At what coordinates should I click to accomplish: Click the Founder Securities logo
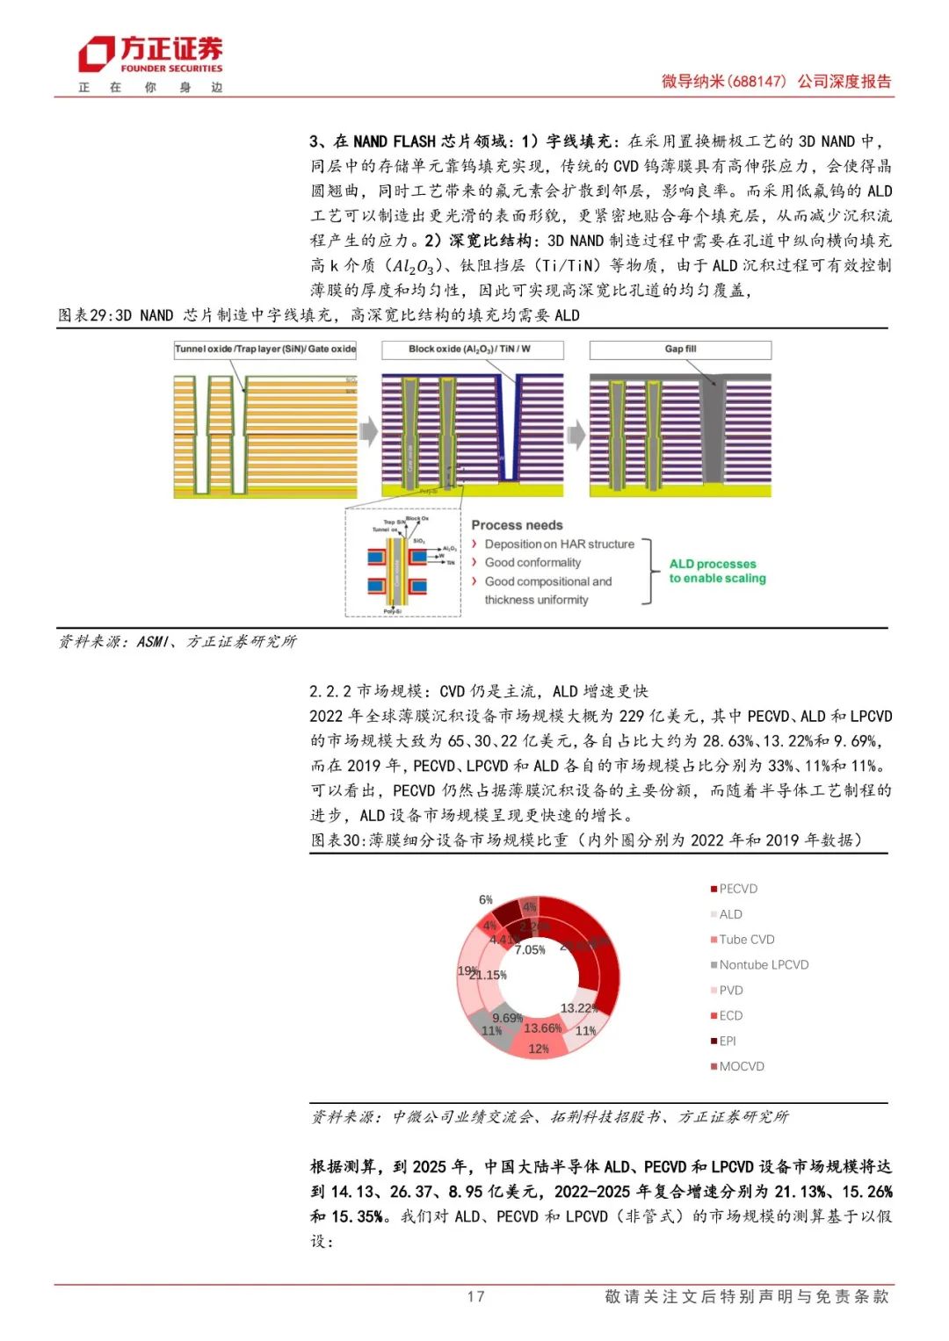150,55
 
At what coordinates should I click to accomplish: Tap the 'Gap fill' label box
680,350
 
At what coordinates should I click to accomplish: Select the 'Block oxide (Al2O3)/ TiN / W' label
472,350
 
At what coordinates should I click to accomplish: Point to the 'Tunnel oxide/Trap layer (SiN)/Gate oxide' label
265,350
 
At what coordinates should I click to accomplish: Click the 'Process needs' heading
517,525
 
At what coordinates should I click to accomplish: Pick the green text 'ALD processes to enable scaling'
717,571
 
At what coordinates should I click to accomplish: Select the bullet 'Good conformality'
532,563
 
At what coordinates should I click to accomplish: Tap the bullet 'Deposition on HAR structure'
559,544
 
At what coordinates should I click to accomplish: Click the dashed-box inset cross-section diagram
403,562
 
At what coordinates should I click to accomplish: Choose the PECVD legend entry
737,889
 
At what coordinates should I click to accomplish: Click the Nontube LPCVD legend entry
763,964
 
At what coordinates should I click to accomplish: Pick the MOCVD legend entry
741,1066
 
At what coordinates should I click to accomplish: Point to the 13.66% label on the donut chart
542,1027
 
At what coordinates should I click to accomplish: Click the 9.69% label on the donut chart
507,1018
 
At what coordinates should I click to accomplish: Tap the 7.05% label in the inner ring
530,950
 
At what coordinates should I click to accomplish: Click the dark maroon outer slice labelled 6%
507,912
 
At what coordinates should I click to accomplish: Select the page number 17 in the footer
475,1296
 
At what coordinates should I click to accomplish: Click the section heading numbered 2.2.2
478,691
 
